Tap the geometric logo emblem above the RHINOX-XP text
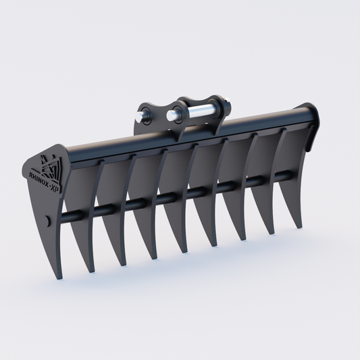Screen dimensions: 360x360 49,164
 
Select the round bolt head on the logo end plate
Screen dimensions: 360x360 45,221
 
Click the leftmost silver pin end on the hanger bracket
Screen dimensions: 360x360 139,115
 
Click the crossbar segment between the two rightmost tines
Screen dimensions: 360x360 284,177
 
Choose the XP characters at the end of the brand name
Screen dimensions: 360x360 59,190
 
